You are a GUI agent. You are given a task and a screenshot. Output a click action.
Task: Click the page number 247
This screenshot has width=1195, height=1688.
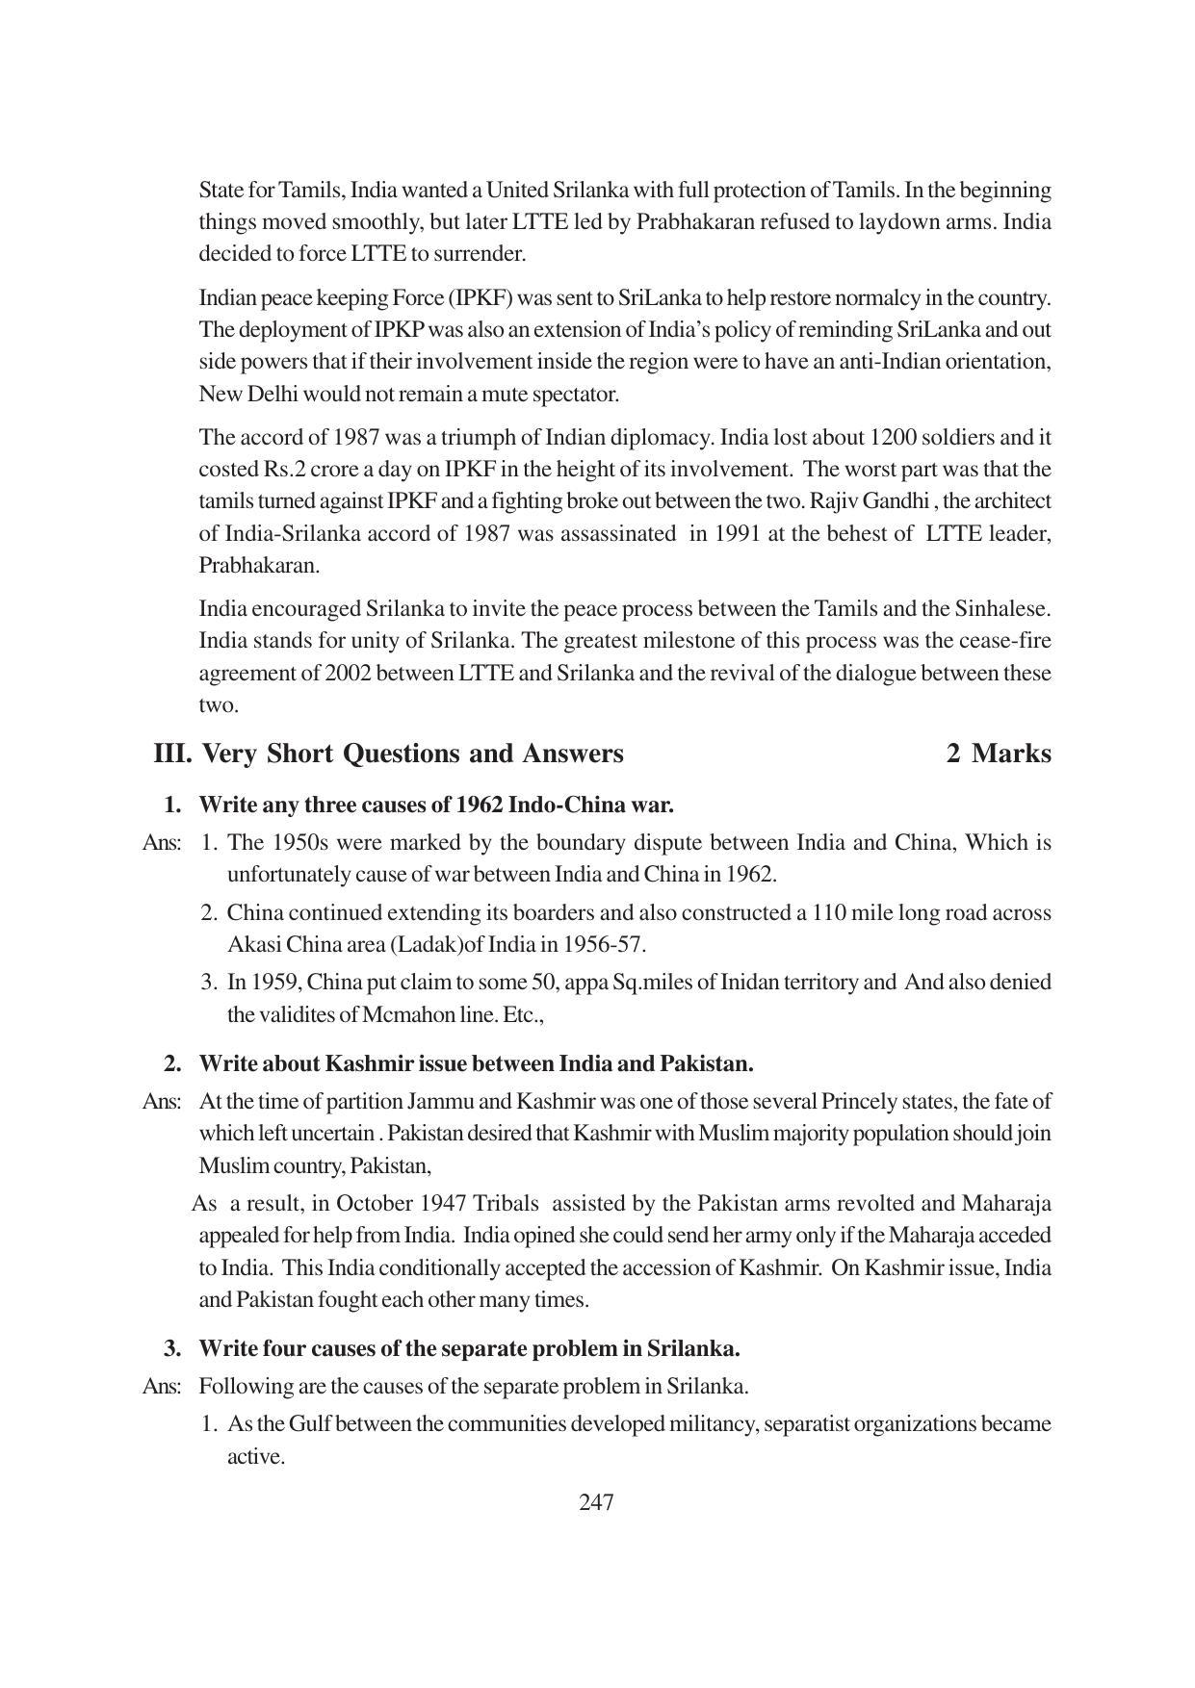pyautogui.click(x=596, y=1502)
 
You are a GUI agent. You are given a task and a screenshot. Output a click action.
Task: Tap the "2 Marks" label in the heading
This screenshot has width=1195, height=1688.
pyautogui.click(x=999, y=754)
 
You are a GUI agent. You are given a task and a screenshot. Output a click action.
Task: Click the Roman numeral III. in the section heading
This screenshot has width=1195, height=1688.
pyautogui.click(x=173, y=754)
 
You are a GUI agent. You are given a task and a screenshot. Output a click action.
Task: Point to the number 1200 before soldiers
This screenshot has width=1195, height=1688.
pyautogui.click(x=894, y=438)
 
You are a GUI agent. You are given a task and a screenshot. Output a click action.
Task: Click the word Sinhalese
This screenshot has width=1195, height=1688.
pyautogui.click(x=1000, y=609)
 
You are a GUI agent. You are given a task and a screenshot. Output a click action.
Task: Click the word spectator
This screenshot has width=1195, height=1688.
pyautogui.click(x=571, y=395)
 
